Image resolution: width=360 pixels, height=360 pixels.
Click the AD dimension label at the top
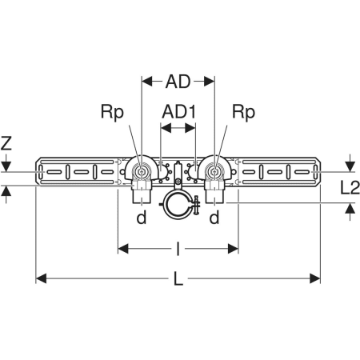(x=178, y=82)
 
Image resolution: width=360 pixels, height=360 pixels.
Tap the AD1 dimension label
(x=179, y=111)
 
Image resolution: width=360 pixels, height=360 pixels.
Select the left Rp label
(x=112, y=113)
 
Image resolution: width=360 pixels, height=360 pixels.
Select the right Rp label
(x=243, y=113)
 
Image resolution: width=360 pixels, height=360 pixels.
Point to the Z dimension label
(x=6, y=142)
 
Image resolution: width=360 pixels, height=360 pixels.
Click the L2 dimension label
(x=350, y=187)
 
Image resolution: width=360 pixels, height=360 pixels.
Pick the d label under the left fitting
(x=142, y=218)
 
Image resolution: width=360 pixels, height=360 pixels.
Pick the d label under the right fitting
(x=214, y=218)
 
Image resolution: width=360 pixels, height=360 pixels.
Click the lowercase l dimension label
(x=178, y=249)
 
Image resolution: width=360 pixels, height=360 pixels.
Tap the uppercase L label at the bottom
(x=178, y=278)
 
